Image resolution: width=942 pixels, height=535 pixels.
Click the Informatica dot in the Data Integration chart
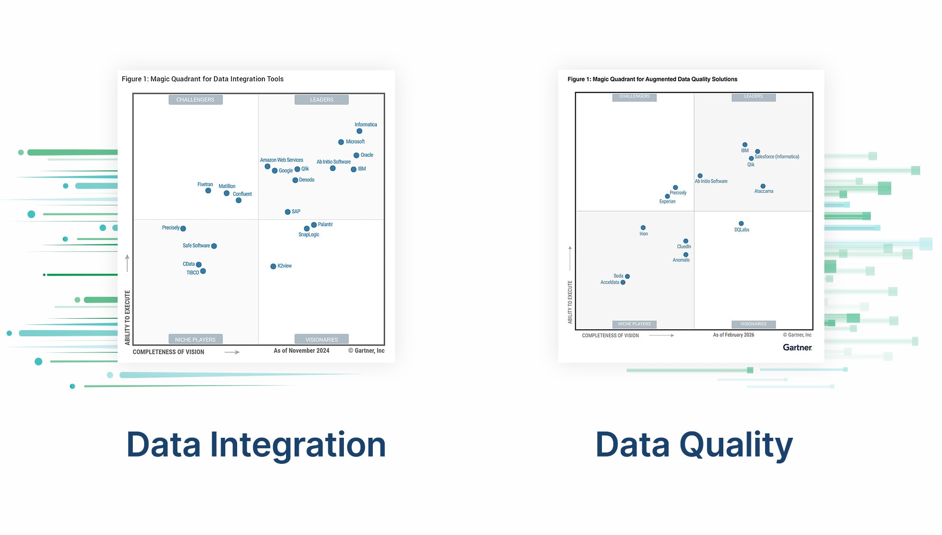click(359, 131)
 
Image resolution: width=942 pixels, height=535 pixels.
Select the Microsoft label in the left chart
click(355, 142)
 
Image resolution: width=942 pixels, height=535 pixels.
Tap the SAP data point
click(287, 212)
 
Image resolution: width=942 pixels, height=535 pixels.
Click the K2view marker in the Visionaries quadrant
click(273, 267)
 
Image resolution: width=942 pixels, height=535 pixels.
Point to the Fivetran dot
click(208, 191)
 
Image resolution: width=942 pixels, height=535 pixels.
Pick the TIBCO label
click(193, 273)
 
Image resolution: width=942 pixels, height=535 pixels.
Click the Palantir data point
click(314, 225)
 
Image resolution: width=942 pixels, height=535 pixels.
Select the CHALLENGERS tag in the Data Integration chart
click(195, 100)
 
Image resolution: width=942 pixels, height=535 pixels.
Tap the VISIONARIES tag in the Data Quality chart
click(753, 324)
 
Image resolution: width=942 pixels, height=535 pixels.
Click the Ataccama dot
click(763, 186)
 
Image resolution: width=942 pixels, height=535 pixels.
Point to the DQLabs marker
click(741, 223)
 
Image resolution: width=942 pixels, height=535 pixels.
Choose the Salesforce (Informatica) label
click(776, 157)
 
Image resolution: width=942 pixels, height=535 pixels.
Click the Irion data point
click(643, 228)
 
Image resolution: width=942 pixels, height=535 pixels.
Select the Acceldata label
click(610, 283)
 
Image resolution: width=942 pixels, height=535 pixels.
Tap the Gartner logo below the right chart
click(797, 348)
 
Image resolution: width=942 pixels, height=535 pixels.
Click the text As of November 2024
click(301, 351)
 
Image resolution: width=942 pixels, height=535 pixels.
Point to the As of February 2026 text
click(733, 335)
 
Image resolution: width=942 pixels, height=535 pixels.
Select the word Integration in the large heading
click(297, 445)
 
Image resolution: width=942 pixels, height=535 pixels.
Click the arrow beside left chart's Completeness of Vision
click(232, 352)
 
